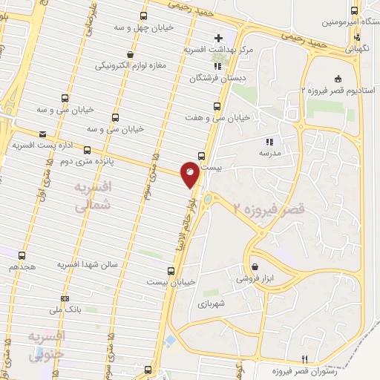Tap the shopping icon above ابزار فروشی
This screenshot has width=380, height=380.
pos(255,266)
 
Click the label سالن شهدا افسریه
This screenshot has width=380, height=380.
pos(90,264)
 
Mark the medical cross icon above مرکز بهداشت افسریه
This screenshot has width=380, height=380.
pos(218,38)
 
